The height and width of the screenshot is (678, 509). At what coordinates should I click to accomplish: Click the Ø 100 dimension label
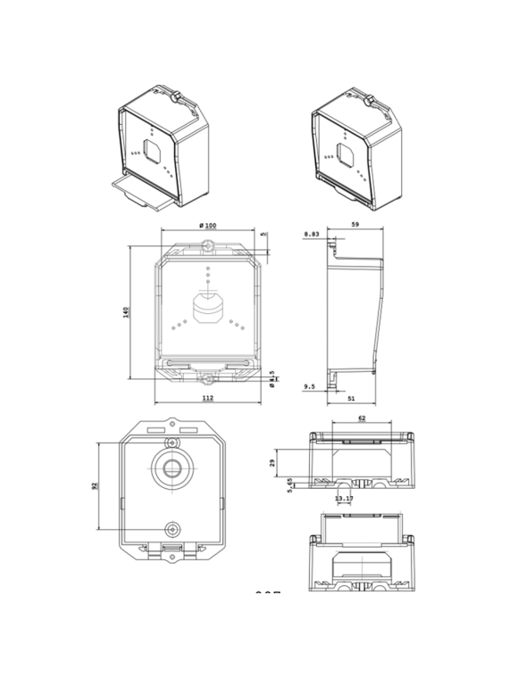point(207,226)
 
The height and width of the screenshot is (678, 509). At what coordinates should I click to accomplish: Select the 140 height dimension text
point(127,311)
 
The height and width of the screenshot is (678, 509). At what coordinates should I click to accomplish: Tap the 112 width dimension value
point(207,398)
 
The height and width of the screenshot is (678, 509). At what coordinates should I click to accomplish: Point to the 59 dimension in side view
point(355,226)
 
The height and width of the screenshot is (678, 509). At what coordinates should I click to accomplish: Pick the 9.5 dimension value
point(309,386)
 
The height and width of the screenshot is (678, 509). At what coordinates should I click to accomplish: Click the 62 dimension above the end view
point(361,418)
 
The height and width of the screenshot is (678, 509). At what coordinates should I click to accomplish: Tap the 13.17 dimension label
point(343,499)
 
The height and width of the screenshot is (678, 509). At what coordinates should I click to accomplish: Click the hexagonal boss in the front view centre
point(207,307)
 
